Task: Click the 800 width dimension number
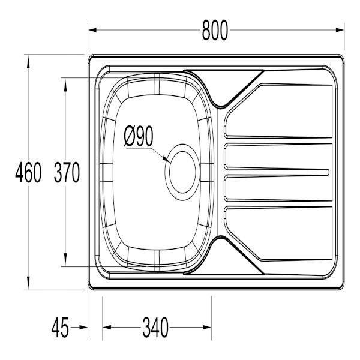(x=215, y=31)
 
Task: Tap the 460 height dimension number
(x=28, y=172)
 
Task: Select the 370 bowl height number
(x=67, y=172)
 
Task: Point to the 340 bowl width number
(x=155, y=328)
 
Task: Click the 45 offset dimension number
(x=60, y=328)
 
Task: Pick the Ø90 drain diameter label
(x=139, y=136)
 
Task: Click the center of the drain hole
(x=182, y=172)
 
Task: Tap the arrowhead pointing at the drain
(x=167, y=159)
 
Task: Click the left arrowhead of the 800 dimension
(x=92, y=30)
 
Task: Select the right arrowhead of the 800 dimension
(x=340, y=30)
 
